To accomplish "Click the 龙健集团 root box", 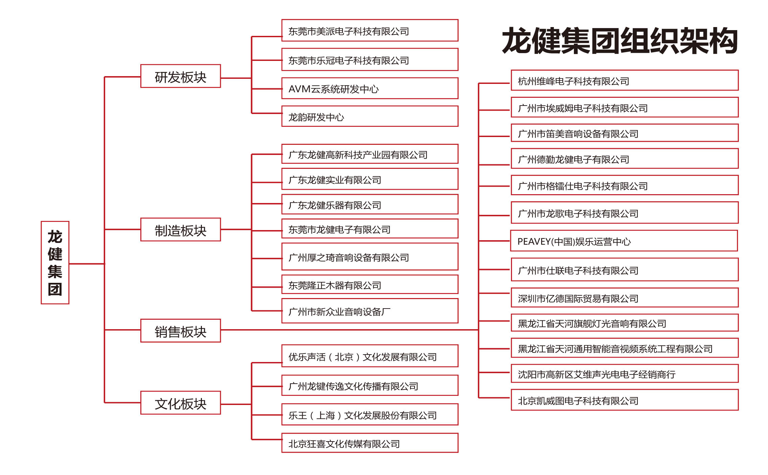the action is pyautogui.click(x=55, y=263).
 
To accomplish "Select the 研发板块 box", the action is pyautogui.click(x=181, y=76).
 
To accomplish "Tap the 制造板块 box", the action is pyautogui.click(x=181, y=229).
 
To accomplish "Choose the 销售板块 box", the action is pyautogui.click(x=181, y=331).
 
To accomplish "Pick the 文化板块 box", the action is pyautogui.click(x=181, y=403).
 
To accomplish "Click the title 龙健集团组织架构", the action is pyautogui.click(x=620, y=41).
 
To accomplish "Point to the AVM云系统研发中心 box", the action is pyautogui.click(x=370, y=88).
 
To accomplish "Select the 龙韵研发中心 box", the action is pyautogui.click(x=370, y=116).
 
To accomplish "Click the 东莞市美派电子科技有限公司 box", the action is pyautogui.click(x=370, y=30).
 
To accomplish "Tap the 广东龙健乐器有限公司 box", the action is pyautogui.click(x=370, y=204).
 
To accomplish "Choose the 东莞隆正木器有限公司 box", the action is pyautogui.click(x=370, y=284).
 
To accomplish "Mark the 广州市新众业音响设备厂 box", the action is pyautogui.click(x=370, y=311).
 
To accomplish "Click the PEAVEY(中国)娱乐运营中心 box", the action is pyautogui.click(x=624, y=241).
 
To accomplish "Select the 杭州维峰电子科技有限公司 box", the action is pyautogui.click(x=625, y=80).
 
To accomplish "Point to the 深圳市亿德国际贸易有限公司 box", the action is pyautogui.click(x=625, y=297).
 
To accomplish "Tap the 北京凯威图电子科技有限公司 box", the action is pyautogui.click(x=625, y=400).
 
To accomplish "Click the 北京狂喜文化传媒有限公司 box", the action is pyautogui.click(x=370, y=443).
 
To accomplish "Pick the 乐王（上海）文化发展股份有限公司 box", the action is pyautogui.click(x=370, y=414).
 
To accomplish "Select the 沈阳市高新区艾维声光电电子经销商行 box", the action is pyautogui.click(x=625, y=374).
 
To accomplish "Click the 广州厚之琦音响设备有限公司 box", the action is pyautogui.click(x=370, y=256).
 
